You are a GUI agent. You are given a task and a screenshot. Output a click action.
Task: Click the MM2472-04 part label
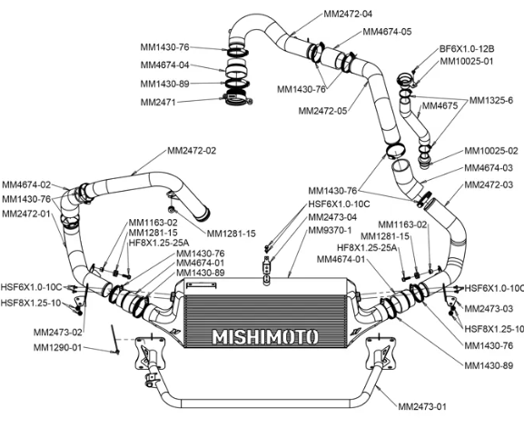pos(348,14)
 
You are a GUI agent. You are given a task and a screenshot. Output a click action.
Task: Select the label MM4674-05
pos(387,32)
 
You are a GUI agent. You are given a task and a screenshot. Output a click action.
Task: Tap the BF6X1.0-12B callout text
pos(467,49)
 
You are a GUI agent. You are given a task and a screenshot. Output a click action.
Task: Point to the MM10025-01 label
pos(467,61)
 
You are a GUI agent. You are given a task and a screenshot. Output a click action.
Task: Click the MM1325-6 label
pos(491,100)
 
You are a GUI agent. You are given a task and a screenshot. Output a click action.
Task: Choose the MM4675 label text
pos(440,106)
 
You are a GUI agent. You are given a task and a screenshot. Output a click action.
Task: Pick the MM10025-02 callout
pos(491,151)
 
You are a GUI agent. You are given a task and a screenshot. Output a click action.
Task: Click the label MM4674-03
pos(489,167)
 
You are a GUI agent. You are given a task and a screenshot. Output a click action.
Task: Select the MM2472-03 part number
pos(489,184)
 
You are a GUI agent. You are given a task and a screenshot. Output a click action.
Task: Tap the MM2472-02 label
pos(192,151)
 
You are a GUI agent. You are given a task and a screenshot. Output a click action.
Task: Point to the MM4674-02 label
pos(26,184)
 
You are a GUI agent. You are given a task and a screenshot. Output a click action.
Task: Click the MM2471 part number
pos(158,102)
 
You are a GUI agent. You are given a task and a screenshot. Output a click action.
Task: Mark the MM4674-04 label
pos(164,65)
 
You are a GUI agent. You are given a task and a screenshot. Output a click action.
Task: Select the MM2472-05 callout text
pos(322,110)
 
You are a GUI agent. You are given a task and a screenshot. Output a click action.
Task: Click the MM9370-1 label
pos(330,231)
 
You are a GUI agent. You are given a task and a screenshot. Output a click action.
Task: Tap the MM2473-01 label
pos(421,406)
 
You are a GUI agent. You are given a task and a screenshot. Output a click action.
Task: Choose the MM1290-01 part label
pos(57,348)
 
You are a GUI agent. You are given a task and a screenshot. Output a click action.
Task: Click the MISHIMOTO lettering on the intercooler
pos(265,337)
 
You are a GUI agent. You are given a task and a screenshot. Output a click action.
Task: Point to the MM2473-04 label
pos(332,217)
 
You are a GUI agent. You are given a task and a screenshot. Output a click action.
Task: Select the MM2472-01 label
pos(26,214)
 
